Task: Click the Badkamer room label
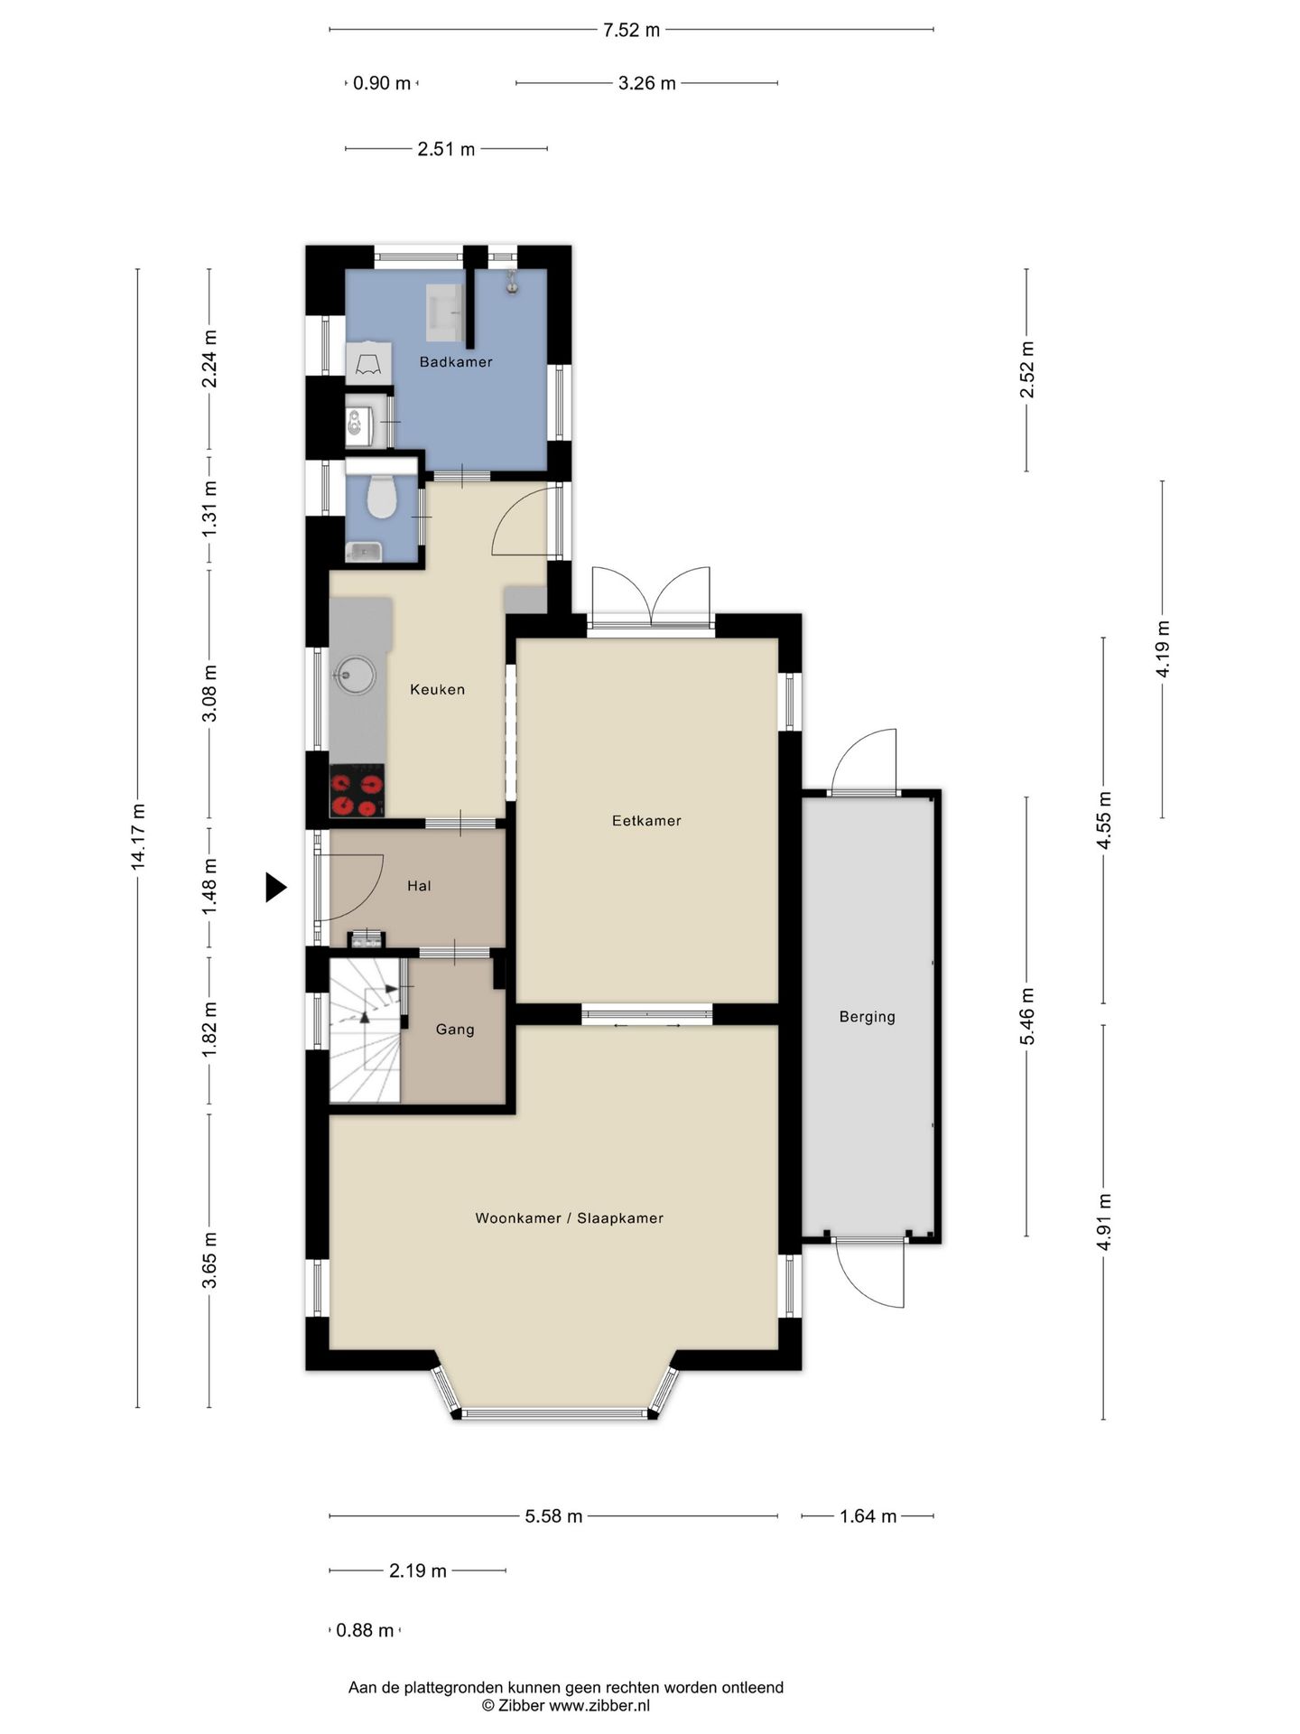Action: coord(456,362)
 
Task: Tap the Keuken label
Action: coord(438,690)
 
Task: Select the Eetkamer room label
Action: coord(646,821)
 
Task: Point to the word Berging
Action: coord(868,1017)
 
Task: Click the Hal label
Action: coord(419,886)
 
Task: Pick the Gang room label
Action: coord(455,1030)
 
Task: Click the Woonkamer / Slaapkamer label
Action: coord(570,1218)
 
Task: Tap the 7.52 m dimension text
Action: coord(631,30)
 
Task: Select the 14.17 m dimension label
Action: coord(138,837)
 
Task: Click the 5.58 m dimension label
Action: coord(553,1516)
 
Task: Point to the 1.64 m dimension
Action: coord(868,1516)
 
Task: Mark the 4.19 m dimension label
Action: coord(1163,649)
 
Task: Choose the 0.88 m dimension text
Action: coord(365,1630)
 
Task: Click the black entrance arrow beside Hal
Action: coord(275,887)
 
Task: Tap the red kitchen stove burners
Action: coord(357,791)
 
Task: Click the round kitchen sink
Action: coord(355,675)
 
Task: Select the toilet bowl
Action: coord(382,497)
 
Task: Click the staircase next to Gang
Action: coord(365,1030)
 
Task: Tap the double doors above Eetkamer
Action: coord(651,596)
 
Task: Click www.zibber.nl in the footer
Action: coord(599,1705)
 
